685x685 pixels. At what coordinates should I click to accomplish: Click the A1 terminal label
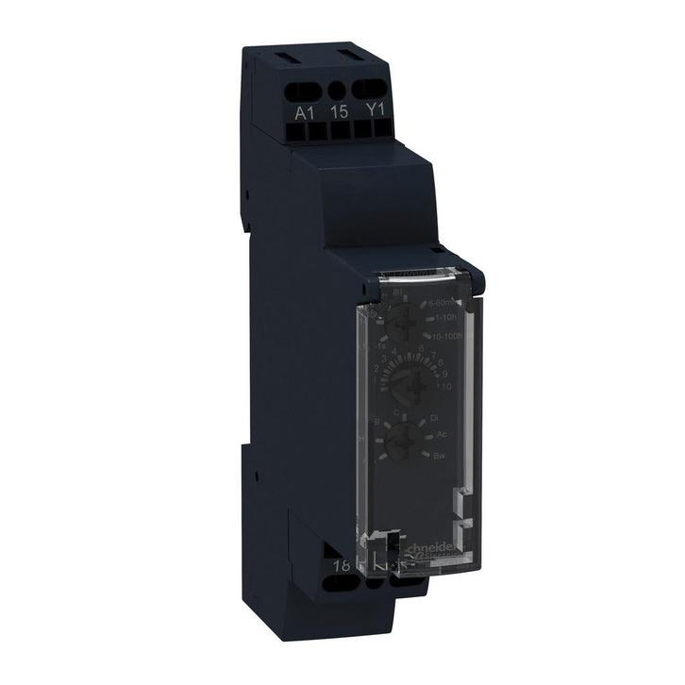point(304,111)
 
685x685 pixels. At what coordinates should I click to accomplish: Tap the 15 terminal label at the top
point(340,111)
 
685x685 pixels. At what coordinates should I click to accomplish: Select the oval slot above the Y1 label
point(376,92)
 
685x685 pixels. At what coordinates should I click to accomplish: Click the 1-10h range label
point(444,318)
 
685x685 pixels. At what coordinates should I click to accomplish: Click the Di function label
point(435,416)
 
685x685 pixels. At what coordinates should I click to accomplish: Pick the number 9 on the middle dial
point(444,373)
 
